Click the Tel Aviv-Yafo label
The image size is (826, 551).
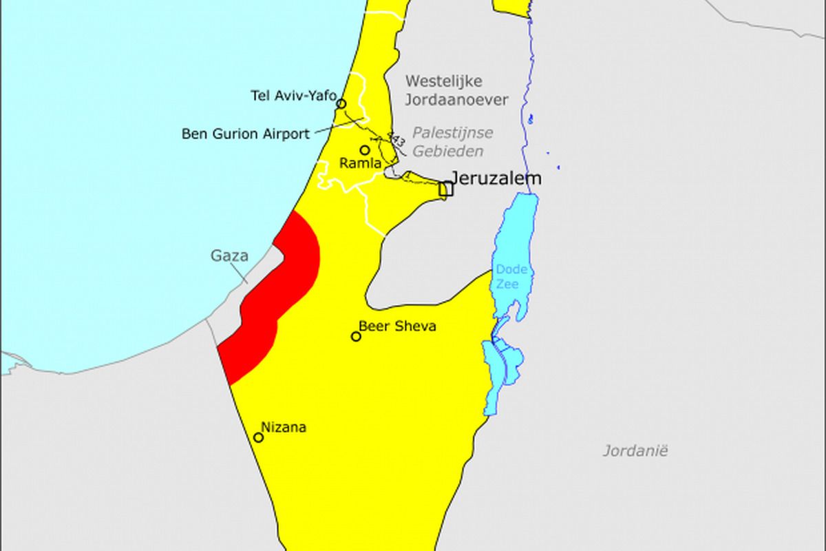(x=294, y=95)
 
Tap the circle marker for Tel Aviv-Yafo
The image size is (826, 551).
(x=341, y=104)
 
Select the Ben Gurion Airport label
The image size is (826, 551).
(x=246, y=134)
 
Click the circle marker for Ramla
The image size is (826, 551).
(x=365, y=150)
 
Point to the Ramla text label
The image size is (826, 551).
(x=361, y=164)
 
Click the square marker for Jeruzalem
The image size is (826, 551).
(x=445, y=188)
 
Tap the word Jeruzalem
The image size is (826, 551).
(x=496, y=178)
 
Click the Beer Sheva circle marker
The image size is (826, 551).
(x=356, y=337)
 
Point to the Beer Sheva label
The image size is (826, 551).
(x=397, y=326)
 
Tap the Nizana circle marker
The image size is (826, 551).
(x=259, y=437)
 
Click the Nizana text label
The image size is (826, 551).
(x=284, y=428)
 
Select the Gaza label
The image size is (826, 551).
(x=229, y=256)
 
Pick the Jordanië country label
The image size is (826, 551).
(x=635, y=451)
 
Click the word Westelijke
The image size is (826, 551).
(x=444, y=81)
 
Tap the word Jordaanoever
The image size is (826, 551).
(x=456, y=100)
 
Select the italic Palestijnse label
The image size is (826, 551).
(x=453, y=133)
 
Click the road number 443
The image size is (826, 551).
(x=396, y=140)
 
